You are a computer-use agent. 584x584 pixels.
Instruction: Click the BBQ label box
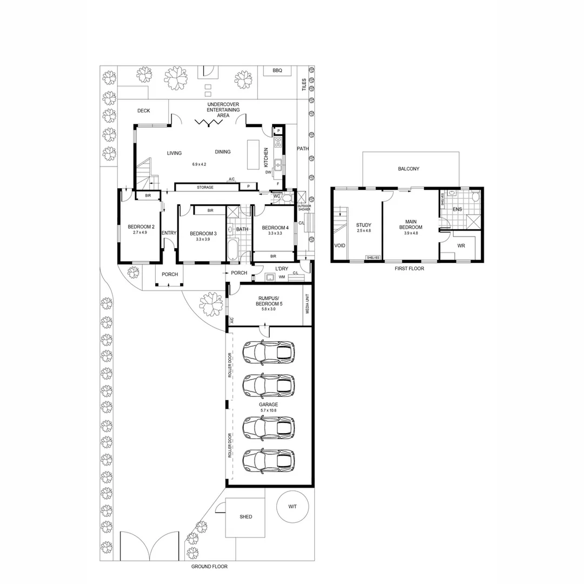(x=277, y=71)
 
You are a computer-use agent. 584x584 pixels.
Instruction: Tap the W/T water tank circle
(x=292, y=507)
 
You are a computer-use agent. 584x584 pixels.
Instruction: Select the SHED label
(x=245, y=517)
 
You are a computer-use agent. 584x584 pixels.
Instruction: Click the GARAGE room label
(x=268, y=404)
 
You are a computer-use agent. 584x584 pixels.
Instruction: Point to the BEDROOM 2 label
(x=141, y=227)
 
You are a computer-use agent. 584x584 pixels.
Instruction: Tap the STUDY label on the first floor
(x=362, y=225)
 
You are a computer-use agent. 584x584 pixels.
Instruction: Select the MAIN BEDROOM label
(x=410, y=224)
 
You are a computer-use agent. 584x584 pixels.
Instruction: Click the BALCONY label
(x=408, y=169)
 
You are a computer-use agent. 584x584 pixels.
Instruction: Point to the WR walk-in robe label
(x=461, y=245)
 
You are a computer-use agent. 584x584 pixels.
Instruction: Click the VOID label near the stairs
(x=340, y=245)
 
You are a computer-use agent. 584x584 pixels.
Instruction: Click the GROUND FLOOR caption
(x=209, y=567)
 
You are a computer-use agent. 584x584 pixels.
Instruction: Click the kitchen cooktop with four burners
(x=278, y=142)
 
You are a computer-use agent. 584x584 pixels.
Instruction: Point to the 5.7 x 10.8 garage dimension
(x=268, y=410)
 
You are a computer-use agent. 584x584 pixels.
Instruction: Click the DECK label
(x=143, y=111)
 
